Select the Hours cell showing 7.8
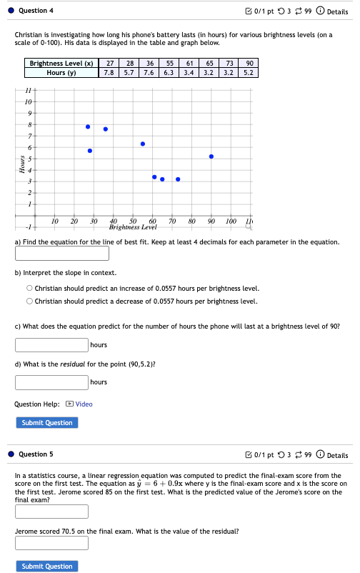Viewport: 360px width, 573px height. (x=109, y=72)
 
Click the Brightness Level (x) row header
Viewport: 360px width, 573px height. (x=61, y=64)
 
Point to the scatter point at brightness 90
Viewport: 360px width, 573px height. (x=211, y=156)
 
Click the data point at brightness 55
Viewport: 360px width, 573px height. (x=143, y=144)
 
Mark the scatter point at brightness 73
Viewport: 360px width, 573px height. (x=178, y=179)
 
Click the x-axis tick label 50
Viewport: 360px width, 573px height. (x=133, y=221)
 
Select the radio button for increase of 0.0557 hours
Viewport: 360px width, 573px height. (x=29, y=288)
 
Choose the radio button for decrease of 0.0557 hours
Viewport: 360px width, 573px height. (x=29, y=301)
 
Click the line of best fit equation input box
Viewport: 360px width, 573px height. (x=51, y=254)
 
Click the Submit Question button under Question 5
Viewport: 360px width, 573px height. (x=47, y=567)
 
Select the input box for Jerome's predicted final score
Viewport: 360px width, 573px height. (x=51, y=512)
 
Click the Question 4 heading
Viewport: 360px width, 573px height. (x=36, y=11)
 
